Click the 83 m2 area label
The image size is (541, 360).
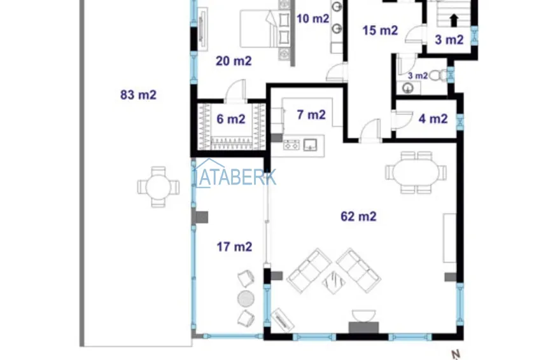pos(138,95)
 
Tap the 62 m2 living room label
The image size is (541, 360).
pos(358,216)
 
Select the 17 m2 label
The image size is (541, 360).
pos(234,247)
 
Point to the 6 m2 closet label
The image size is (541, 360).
pos(231,120)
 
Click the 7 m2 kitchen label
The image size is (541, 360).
pos(311,115)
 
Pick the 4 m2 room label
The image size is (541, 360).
pos(433,119)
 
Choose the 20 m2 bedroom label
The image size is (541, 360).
pos(234,61)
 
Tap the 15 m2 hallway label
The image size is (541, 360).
pos(380,31)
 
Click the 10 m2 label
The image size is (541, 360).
pos(313,18)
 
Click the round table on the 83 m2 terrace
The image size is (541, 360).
pos(158,187)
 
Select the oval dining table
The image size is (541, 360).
pos(416,172)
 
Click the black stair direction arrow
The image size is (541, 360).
pos(454,20)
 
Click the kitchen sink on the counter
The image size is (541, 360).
pos(310,145)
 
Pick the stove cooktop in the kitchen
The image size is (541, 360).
pos(292,145)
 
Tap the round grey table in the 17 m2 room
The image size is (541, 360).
pos(246,298)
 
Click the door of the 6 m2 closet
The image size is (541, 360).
pos(235,91)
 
